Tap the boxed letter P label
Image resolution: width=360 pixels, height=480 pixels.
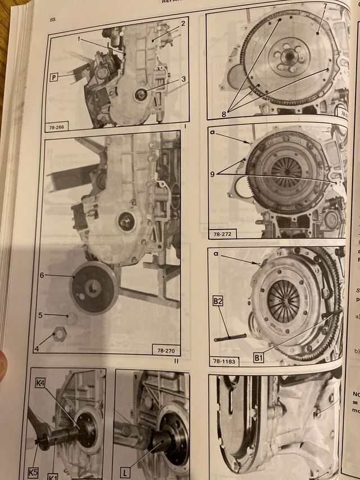[x=55, y=77]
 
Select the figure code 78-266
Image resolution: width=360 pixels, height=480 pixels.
[x=57, y=127]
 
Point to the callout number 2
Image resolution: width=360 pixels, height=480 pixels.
[x=183, y=23]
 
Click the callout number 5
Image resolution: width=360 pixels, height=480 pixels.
[x=40, y=315]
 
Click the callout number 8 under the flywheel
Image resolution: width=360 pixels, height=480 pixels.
[x=224, y=113]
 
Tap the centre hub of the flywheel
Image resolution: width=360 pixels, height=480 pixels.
[x=289, y=55]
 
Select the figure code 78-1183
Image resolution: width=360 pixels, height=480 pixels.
[x=223, y=360]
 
